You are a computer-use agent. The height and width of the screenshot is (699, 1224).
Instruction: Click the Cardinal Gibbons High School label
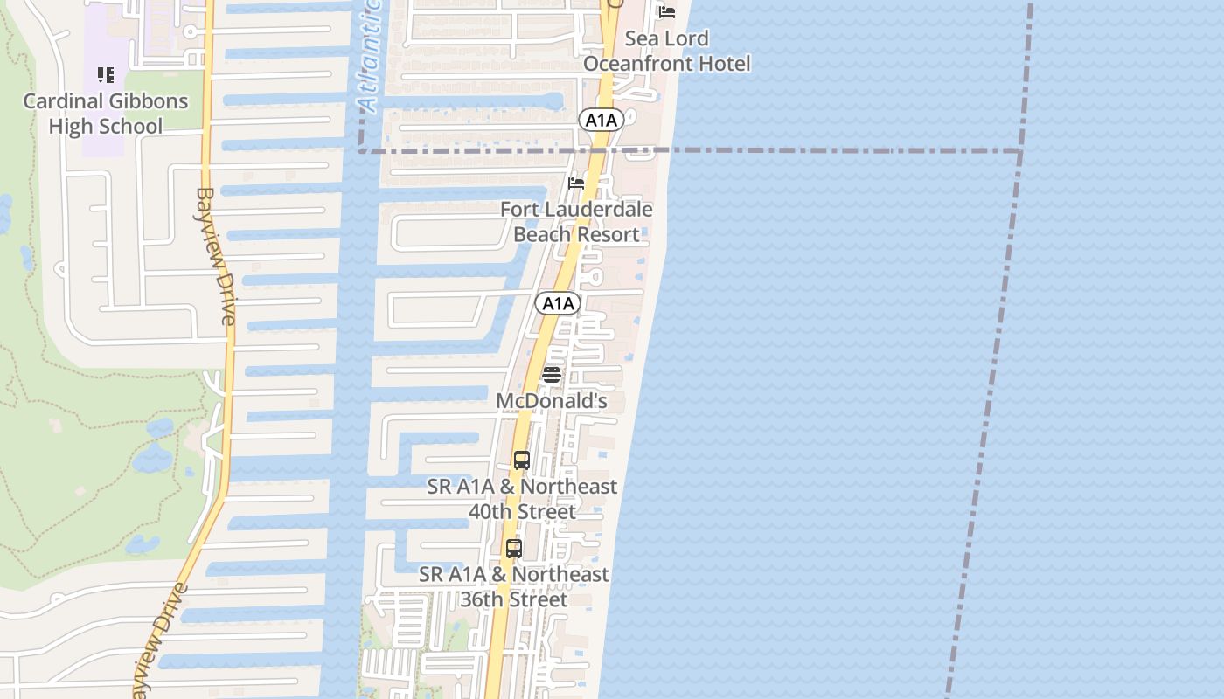(x=105, y=114)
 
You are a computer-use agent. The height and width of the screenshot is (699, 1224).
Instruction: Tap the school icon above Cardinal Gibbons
(x=106, y=75)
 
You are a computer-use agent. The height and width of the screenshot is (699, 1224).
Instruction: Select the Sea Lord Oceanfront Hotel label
(x=666, y=51)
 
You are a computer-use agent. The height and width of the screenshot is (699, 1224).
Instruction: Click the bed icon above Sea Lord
(x=667, y=12)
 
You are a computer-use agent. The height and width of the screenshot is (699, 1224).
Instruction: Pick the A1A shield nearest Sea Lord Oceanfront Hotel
(x=601, y=121)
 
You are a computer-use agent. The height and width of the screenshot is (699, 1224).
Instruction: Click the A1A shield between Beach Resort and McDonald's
(x=558, y=303)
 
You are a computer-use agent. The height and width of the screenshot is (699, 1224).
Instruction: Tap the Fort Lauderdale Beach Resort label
(x=576, y=222)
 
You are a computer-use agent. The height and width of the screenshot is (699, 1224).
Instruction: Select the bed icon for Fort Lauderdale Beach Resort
(x=576, y=183)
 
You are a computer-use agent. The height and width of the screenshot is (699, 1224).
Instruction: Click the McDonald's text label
(x=552, y=401)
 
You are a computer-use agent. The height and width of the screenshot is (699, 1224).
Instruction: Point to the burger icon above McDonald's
(x=552, y=375)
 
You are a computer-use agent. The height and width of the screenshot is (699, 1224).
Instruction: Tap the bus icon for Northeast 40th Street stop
(x=522, y=460)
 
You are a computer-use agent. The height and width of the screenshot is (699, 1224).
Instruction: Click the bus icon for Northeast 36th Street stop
(x=514, y=549)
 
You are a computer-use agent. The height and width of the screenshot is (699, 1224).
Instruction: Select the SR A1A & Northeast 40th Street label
(x=522, y=498)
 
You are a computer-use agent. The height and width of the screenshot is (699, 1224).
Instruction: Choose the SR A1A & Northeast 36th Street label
(x=514, y=586)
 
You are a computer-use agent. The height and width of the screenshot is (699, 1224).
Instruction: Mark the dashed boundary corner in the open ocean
(x=1019, y=151)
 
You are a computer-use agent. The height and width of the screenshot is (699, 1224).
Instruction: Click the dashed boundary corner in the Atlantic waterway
(x=360, y=151)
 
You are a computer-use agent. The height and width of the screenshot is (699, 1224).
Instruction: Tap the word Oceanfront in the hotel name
(x=666, y=64)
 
